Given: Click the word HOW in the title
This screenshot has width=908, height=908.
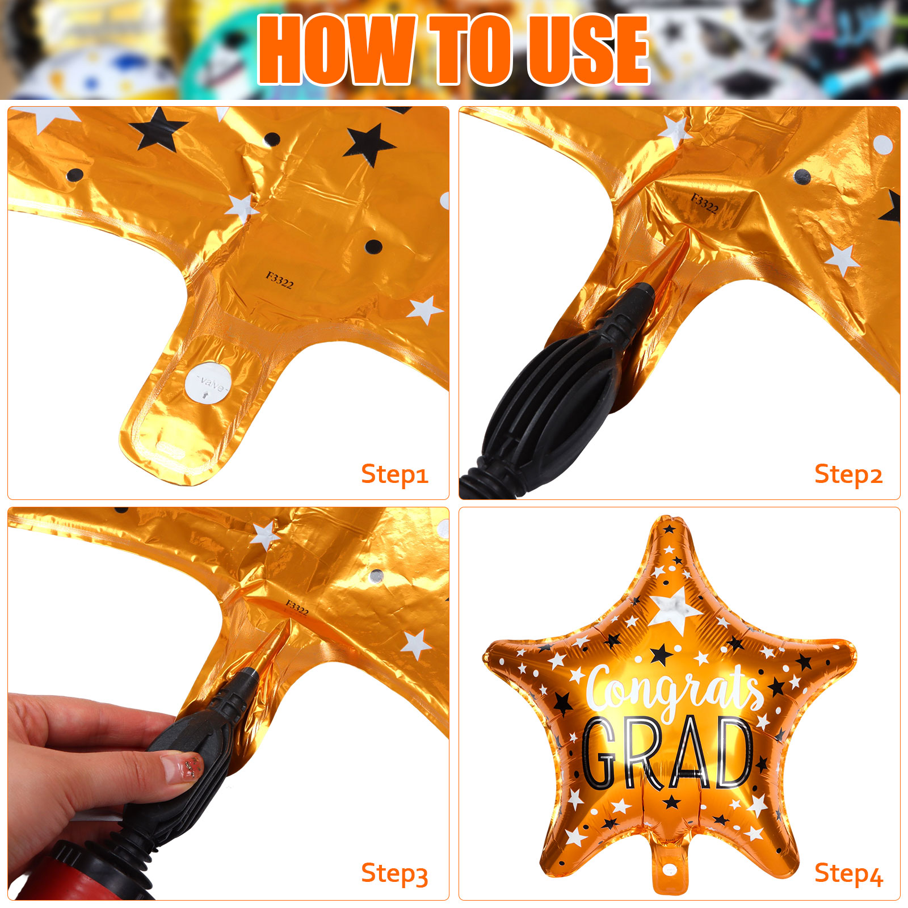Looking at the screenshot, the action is pyautogui.click(x=337, y=50).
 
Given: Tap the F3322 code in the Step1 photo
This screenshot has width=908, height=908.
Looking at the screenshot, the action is pyautogui.click(x=280, y=280).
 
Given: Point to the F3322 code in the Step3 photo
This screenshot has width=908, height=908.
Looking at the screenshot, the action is pyautogui.click(x=297, y=608).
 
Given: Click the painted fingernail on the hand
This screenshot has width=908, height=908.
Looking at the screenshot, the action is pyautogui.click(x=182, y=766).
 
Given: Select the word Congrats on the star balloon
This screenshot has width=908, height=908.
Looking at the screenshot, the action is pyautogui.click(x=675, y=690).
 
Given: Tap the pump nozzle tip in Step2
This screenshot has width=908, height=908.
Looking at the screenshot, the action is pyautogui.click(x=643, y=292).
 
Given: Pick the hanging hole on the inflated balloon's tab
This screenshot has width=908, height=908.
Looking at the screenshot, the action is pyautogui.click(x=670, y=870).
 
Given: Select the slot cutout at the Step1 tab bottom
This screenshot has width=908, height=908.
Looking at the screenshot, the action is pyautogui.click(x=170, y=451).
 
